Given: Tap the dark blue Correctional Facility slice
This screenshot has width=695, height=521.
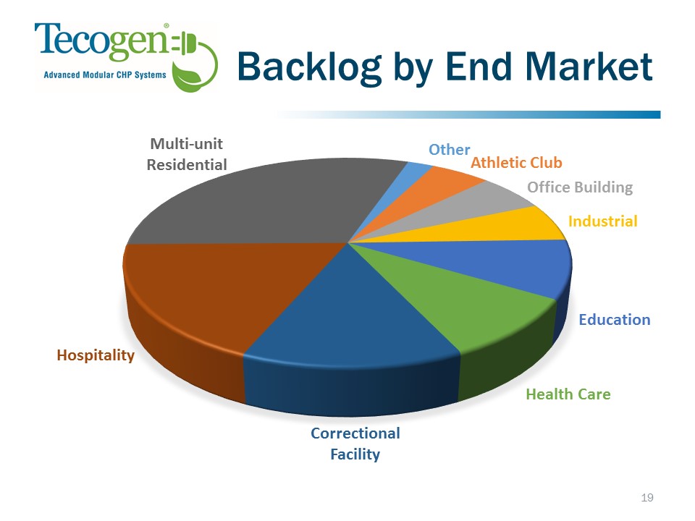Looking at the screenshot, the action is (350, 346).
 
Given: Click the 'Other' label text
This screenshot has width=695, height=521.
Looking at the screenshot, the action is (449, 150).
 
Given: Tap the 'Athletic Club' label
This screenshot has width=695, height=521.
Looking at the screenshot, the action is (516, 163).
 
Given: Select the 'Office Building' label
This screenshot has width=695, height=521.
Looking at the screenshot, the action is (580, 187).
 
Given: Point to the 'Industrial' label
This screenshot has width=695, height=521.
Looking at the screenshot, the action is (603, 221).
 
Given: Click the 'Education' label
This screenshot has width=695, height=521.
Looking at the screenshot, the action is (615, 319).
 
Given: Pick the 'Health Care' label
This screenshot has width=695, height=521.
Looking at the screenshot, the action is (568, 394).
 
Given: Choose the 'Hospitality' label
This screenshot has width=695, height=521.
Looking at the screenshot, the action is (96, 355).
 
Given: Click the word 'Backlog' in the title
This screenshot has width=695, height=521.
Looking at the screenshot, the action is (309, 67).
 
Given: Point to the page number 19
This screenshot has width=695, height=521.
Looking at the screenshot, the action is (647, 498).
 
